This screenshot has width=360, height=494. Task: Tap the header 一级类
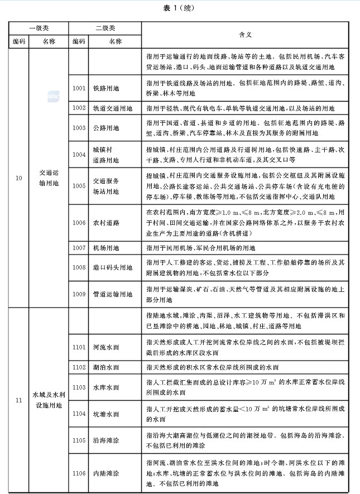click(x=38, y=27)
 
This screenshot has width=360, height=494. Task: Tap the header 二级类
click(x=105, y=27)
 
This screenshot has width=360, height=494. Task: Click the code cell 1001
click(x=79, y=88)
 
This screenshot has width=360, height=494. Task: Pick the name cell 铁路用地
click(x=107, y=88)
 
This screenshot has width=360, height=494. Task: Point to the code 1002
click(x=79, y=108)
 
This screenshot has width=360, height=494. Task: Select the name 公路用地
click(x=107, y=128)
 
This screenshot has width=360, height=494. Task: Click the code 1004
click(x=79, y=155)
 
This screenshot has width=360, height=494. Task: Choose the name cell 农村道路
click(x=107, y=223)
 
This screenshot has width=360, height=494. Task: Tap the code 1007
click(x=79, y=247)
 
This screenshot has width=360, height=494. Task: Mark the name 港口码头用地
click(x=113, y=267)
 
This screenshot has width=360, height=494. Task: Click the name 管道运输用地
click(x=113, y=294)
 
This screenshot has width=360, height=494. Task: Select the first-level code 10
click(x=19, y=178)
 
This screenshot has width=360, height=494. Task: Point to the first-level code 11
click(x=19, y=400)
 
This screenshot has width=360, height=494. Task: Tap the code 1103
click(x=79, y=387)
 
